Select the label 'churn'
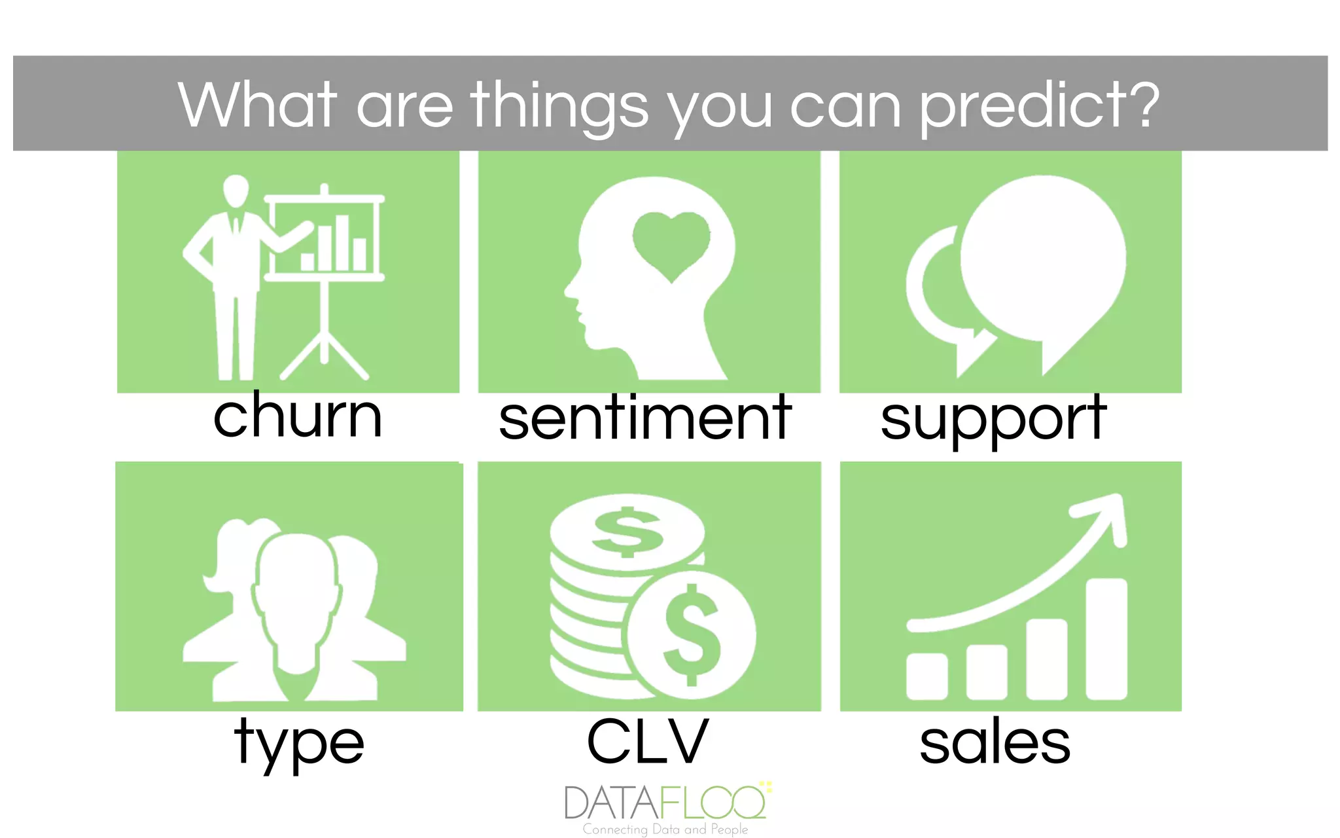tap(298, 416)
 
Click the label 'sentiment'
tap(645, 419)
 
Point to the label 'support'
tap(993, 420)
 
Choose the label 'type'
tap(299, 743)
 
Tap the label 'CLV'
tap(648, 742)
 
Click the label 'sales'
tap(995, 742)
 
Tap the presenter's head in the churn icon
tap(236, 191)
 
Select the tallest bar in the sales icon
tap(1106, 638)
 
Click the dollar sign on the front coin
tap(692, 634)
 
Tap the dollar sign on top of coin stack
tap(627, 532)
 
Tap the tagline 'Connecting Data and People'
tap(665, 829)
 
